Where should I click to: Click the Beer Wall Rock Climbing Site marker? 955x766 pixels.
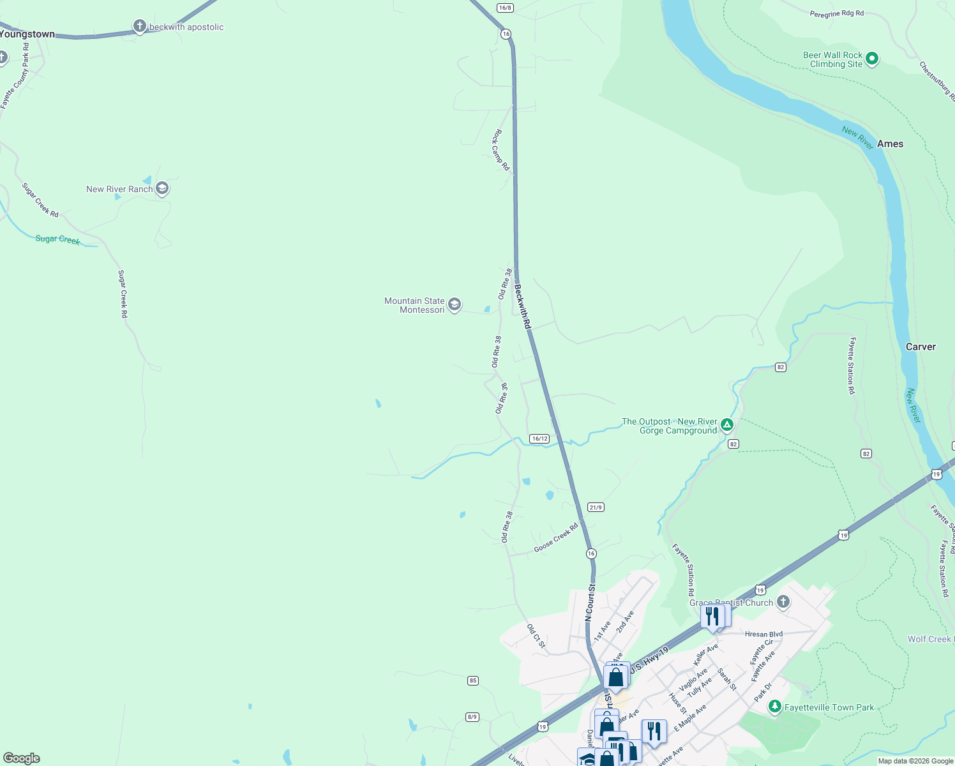tap(872, 59)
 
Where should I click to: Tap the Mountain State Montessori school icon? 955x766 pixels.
tap(455, 304)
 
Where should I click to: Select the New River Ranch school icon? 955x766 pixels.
tap(162, 188)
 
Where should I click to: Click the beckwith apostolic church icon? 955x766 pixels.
tap(139, 26)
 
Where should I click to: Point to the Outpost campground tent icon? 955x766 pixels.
tap(726, 424)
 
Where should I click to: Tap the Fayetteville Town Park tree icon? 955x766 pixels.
tap(775, 707)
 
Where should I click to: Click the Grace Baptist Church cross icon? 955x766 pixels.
tap(783, 602)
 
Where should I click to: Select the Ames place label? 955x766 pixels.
tap(890, 144)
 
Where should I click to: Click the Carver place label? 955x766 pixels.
tap(921, 347)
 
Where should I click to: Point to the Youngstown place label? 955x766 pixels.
tap(27, 34)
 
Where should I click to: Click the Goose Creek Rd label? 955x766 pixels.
tap(555, 537)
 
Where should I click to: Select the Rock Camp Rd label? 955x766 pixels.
tap(500, 150)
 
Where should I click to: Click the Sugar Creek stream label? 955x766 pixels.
tap(57, 239)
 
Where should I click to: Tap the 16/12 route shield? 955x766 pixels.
tap(539, 439)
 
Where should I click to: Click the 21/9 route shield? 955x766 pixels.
tap(596, 507)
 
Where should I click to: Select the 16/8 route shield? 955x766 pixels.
tap(505, 8)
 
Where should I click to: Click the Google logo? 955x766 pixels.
tap(22, 758)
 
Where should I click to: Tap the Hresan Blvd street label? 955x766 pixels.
tap(763, 635)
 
